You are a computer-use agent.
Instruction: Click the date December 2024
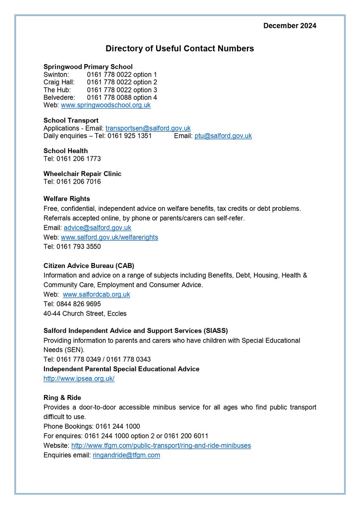[x=290, y=26]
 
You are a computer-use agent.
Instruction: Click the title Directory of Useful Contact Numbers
[x=180, y=49]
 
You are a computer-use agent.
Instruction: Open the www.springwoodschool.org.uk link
[x=106, y=105]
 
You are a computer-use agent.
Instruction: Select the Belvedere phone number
[x=122, y=97]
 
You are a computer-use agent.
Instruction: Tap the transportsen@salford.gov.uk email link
[x=148, y=128]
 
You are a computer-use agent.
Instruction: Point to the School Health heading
[x=66, y=151]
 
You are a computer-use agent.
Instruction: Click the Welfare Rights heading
[x=67, y=199]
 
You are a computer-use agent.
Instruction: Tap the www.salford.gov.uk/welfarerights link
[x=109, y=238]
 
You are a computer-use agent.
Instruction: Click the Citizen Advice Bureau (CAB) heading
[x=88, y=266]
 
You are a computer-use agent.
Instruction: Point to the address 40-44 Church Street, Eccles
[x=85, y=314]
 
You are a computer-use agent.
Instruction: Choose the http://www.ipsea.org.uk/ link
[x=79, y=379]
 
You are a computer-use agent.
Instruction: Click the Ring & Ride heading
[x=62, y=398]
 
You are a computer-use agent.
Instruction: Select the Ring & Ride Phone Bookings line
[x=92, y=426]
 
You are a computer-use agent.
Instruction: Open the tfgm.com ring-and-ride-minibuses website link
[x=161, y=446]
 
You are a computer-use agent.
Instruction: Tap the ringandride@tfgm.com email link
[x=126, y=455]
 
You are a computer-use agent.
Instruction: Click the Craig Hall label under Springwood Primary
[x=59, y=82]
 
